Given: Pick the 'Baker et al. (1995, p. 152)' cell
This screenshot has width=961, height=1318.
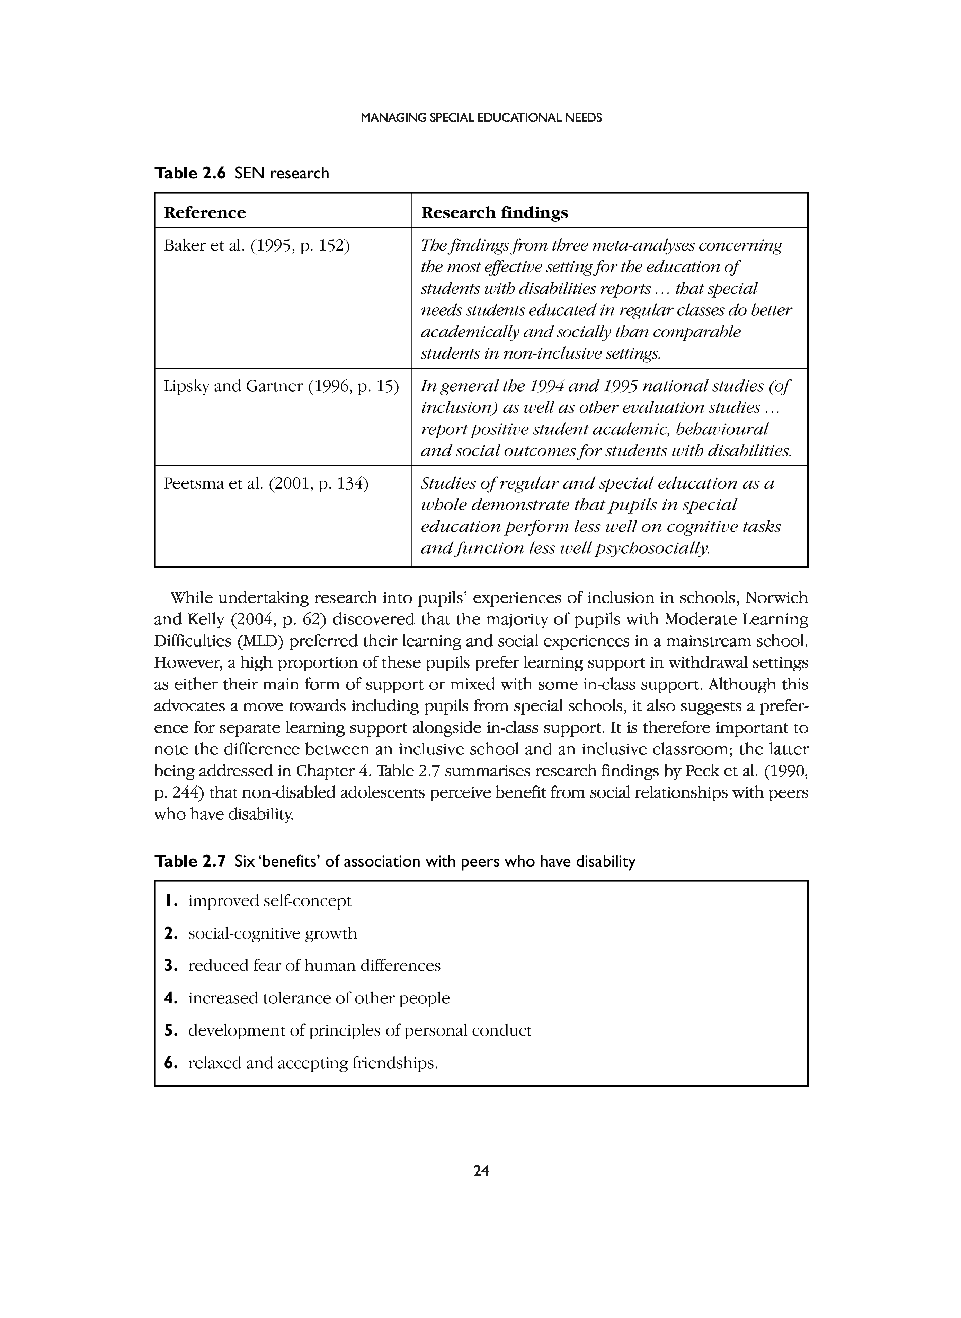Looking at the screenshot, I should [257, 246].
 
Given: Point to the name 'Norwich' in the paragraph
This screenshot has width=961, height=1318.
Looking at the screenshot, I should [777, 598].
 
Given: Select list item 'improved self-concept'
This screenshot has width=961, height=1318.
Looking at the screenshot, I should [270, 901].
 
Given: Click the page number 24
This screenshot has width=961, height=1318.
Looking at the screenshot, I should [481, 1171].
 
